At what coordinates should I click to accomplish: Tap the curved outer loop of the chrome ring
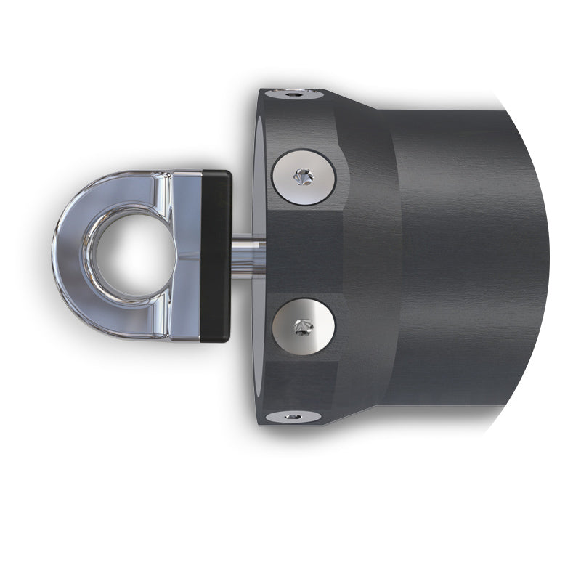(69, 254)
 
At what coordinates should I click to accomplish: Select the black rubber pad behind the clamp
(216, 256)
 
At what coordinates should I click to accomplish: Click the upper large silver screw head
(304, 176)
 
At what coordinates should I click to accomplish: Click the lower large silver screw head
(304, 326)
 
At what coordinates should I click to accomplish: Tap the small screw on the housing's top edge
(293, 94)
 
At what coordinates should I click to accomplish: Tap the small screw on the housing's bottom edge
(293, 416)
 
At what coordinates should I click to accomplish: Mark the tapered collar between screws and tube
(370, 254)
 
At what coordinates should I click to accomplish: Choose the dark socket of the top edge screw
(293, 94)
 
